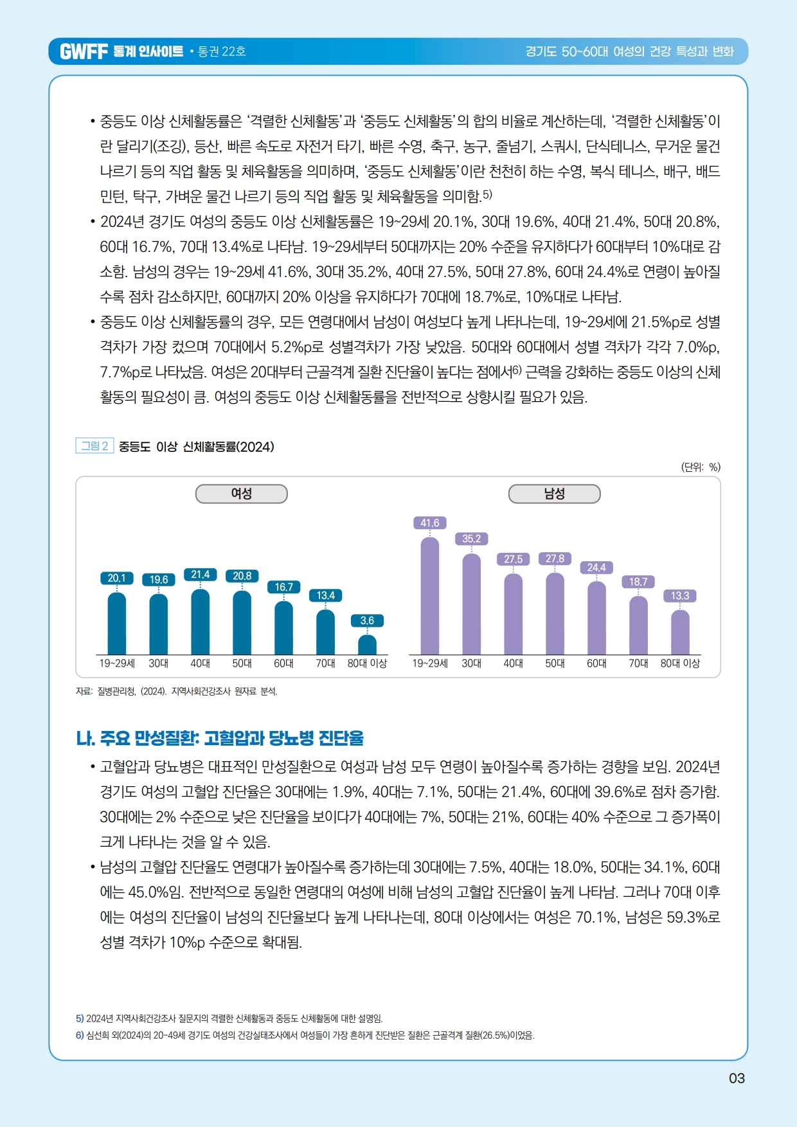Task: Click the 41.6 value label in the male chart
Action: point(429,523)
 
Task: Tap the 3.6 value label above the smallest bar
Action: point(367,620)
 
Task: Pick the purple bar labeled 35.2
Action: point(471,604)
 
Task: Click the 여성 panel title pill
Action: point(241,494)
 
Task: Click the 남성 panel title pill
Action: point(554,494)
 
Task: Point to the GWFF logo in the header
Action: point(84,51)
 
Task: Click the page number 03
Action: point(737,1078)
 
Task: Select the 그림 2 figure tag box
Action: point(94,446)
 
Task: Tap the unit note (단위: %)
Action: point(701,467)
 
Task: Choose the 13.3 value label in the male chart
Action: point(679,596)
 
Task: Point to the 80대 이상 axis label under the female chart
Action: point(367,663)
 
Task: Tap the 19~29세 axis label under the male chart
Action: point(429,663)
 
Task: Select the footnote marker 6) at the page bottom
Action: point(80,1035)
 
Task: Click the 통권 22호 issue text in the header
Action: point(222,51)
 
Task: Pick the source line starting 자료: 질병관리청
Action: point(176,691)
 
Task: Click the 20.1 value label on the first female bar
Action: point(116,578)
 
